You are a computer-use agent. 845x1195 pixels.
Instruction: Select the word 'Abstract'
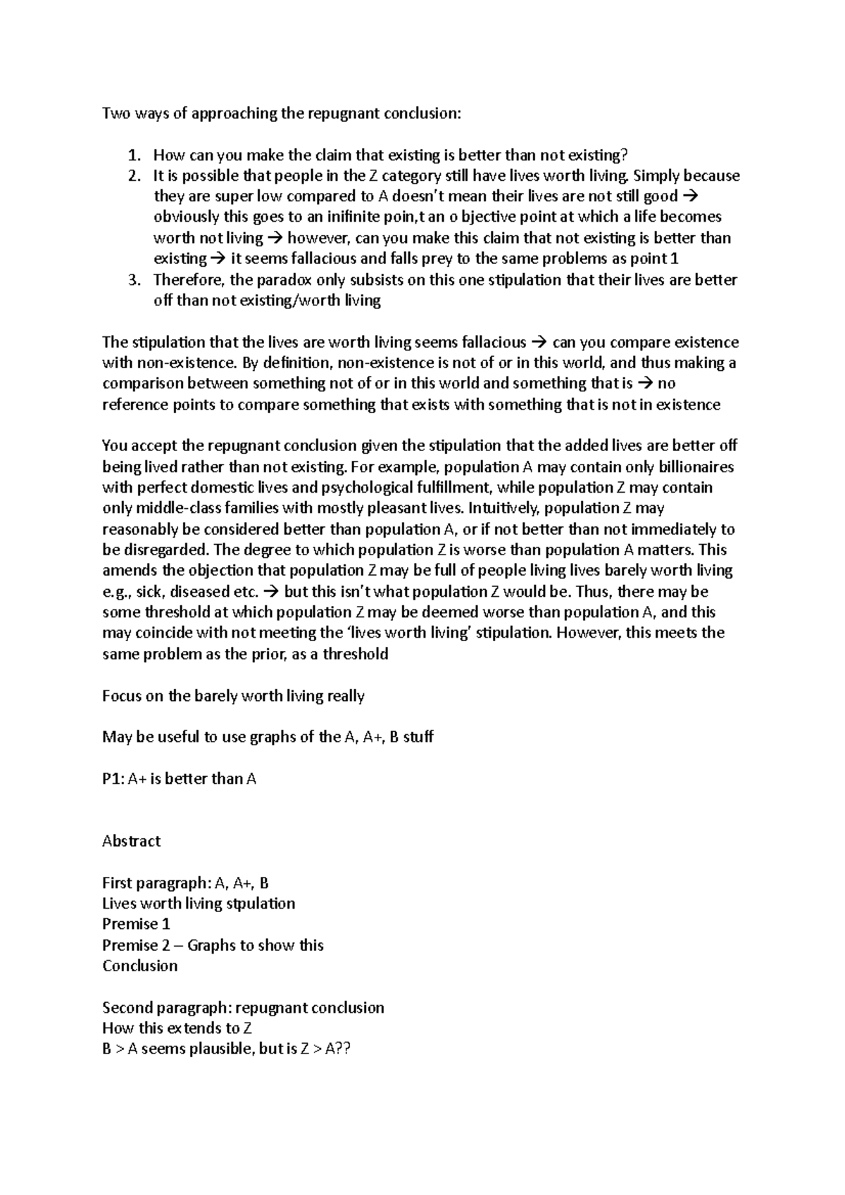click(x=131, y=841)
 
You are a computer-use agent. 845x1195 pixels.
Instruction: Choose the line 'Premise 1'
click(x=136, y=924)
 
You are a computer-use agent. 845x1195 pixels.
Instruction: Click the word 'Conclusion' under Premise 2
click(x=139, y=966)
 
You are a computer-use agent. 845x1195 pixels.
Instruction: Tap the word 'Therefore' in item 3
click(x=188, y=280)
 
